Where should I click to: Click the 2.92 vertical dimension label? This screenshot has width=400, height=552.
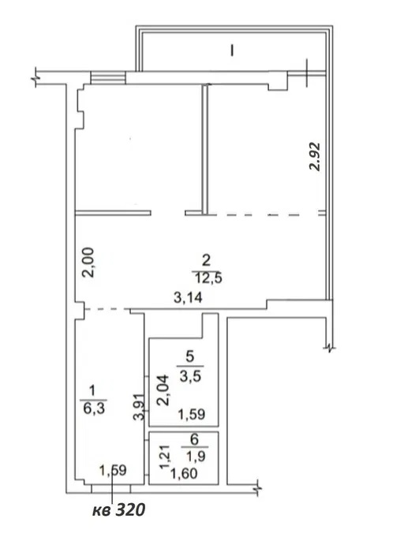(x=315, y=156)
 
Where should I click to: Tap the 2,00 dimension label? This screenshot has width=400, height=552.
(x=88, y=263)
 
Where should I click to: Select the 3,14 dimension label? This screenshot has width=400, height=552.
(x=188, y=298)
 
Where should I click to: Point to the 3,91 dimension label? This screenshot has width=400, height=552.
(x=139, y=407)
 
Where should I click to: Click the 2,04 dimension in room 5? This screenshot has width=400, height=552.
(x=163, y=390)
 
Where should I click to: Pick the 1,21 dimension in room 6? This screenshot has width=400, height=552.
(x=165, y=457)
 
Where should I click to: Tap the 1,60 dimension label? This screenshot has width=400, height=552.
(x=184, y=474)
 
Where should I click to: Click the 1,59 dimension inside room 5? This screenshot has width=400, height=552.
(x=191, y=414)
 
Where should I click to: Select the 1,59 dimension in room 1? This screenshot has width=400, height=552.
(x=113, y=470)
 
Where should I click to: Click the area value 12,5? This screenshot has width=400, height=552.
(x=209, y=278)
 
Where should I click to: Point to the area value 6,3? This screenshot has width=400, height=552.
(x=94, y=408)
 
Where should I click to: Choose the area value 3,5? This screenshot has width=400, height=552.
(x=190, y=376)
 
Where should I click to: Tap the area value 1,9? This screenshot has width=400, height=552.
(x=196, y=457)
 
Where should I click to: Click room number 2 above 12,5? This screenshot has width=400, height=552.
(x=206, y=260)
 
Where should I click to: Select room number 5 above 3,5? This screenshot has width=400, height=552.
(x=190, y=356)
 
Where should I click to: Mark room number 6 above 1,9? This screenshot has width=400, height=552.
(x=194, y=439)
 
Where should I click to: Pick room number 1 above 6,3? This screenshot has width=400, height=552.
(x=92, y=391)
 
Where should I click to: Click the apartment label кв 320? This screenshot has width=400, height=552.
(x=118, y=509)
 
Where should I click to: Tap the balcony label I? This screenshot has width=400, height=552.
(x=232, y=50)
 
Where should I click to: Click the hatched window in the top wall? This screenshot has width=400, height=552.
(x=108, y=78)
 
